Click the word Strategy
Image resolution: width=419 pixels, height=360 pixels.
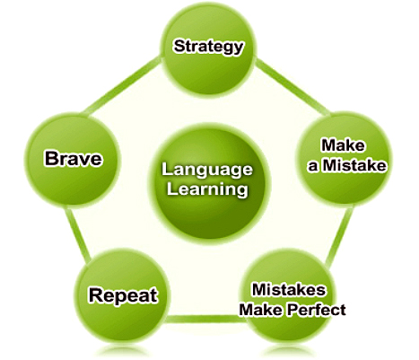coord(208,47)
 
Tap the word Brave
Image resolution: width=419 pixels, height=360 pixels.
coord(74,158)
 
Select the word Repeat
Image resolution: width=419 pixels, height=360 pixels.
coord(123,295)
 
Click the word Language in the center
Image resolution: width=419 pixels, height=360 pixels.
coord(207,171)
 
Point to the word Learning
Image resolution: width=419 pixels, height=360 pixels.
coord(207,189)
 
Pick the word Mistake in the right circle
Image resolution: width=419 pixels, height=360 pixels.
coord(355,165)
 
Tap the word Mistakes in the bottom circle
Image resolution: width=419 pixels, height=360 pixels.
coord(289,290)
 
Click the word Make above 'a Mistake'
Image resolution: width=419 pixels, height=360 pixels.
coord(343,145)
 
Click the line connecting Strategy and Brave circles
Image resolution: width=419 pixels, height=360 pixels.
coord(123,85)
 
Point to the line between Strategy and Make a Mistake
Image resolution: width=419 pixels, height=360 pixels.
coord(292,87)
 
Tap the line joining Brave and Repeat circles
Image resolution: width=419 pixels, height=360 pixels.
coord(77,235)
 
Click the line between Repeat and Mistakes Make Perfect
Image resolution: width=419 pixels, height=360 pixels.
coord(205,319)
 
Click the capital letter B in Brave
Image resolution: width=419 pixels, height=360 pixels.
coord(51,158)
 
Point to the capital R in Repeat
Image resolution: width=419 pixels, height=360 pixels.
coord(96,294)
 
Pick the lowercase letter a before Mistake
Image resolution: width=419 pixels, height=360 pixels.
coord(313,167)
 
